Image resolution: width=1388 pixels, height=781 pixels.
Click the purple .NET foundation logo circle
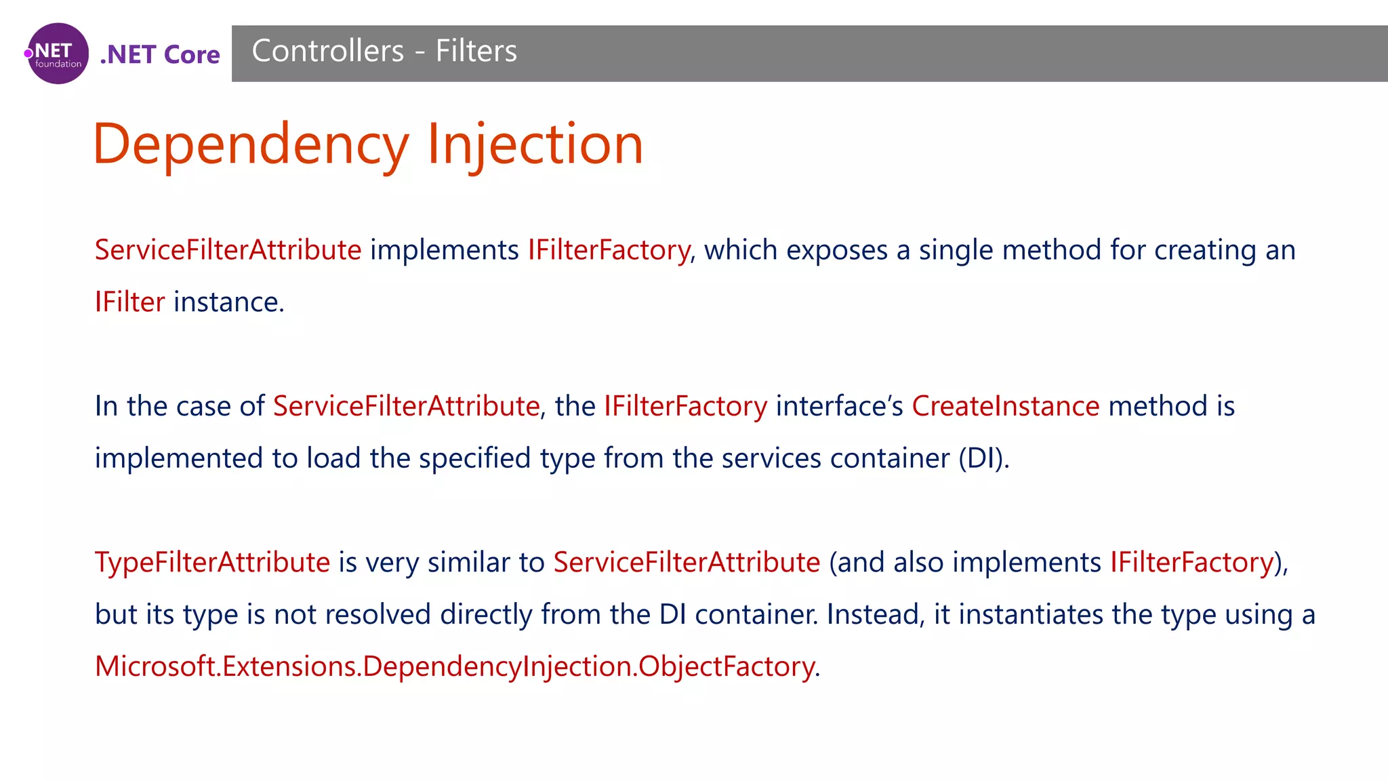58,54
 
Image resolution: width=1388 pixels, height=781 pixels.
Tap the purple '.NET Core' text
160,54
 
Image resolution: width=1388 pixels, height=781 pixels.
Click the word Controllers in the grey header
328,51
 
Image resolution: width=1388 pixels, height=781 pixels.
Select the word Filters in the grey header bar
476,51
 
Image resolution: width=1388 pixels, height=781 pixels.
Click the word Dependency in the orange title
251,144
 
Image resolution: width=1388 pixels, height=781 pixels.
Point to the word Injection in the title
535,144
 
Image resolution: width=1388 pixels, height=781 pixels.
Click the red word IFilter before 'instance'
129,302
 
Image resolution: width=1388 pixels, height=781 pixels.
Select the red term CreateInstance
1005,406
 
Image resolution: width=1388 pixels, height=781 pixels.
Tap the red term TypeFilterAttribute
212,562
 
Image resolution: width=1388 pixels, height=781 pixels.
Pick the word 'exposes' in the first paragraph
836,250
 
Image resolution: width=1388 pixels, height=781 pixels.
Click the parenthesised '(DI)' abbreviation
983,458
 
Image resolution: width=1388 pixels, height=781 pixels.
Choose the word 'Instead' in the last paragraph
873,614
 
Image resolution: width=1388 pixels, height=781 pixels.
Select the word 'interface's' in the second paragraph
839,406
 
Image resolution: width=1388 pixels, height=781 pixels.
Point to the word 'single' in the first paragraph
956,250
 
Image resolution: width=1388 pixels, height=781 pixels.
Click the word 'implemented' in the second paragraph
179,458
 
